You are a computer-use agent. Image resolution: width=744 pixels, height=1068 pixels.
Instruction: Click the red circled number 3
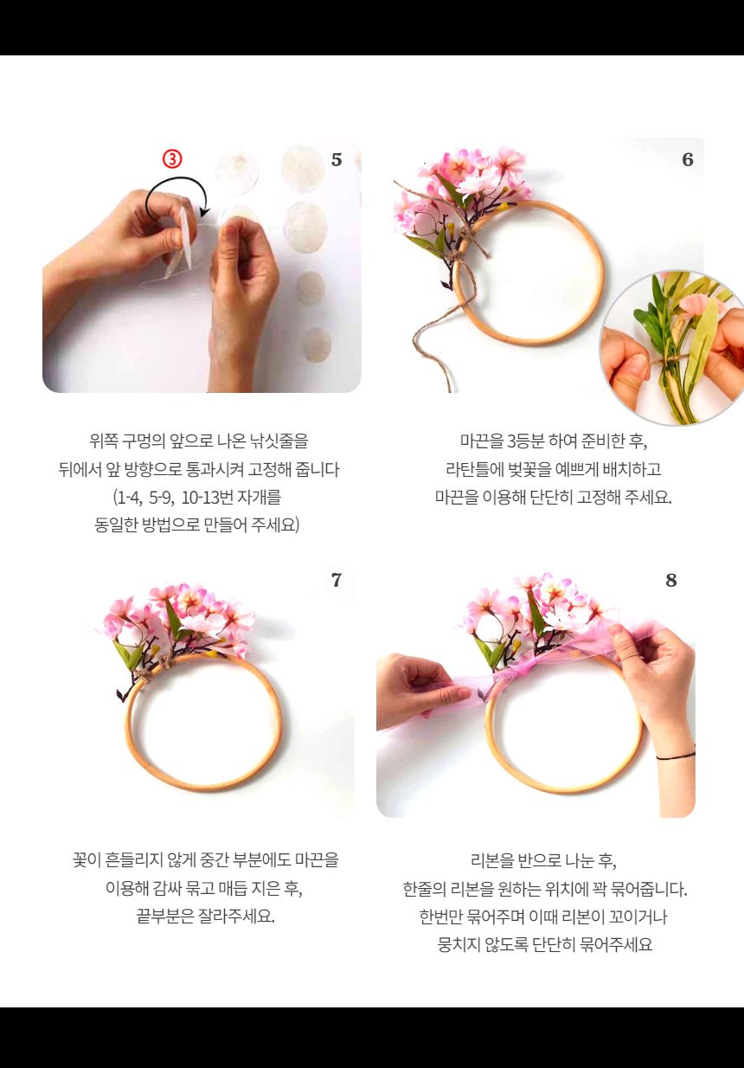(x=173, y=158)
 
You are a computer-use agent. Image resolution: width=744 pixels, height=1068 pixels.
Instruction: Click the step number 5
(x=337, y=160)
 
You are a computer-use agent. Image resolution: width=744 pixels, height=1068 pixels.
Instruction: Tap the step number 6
(x=688, y=160)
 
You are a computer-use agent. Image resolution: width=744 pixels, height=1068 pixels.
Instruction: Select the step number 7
(x=337, y=581)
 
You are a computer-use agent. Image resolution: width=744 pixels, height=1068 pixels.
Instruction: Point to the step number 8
(x=671, y=581)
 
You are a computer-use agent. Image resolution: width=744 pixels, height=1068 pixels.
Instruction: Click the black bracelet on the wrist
(x=675, y=756)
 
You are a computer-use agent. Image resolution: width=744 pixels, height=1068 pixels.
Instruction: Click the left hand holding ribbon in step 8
(x=415, y=688)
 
